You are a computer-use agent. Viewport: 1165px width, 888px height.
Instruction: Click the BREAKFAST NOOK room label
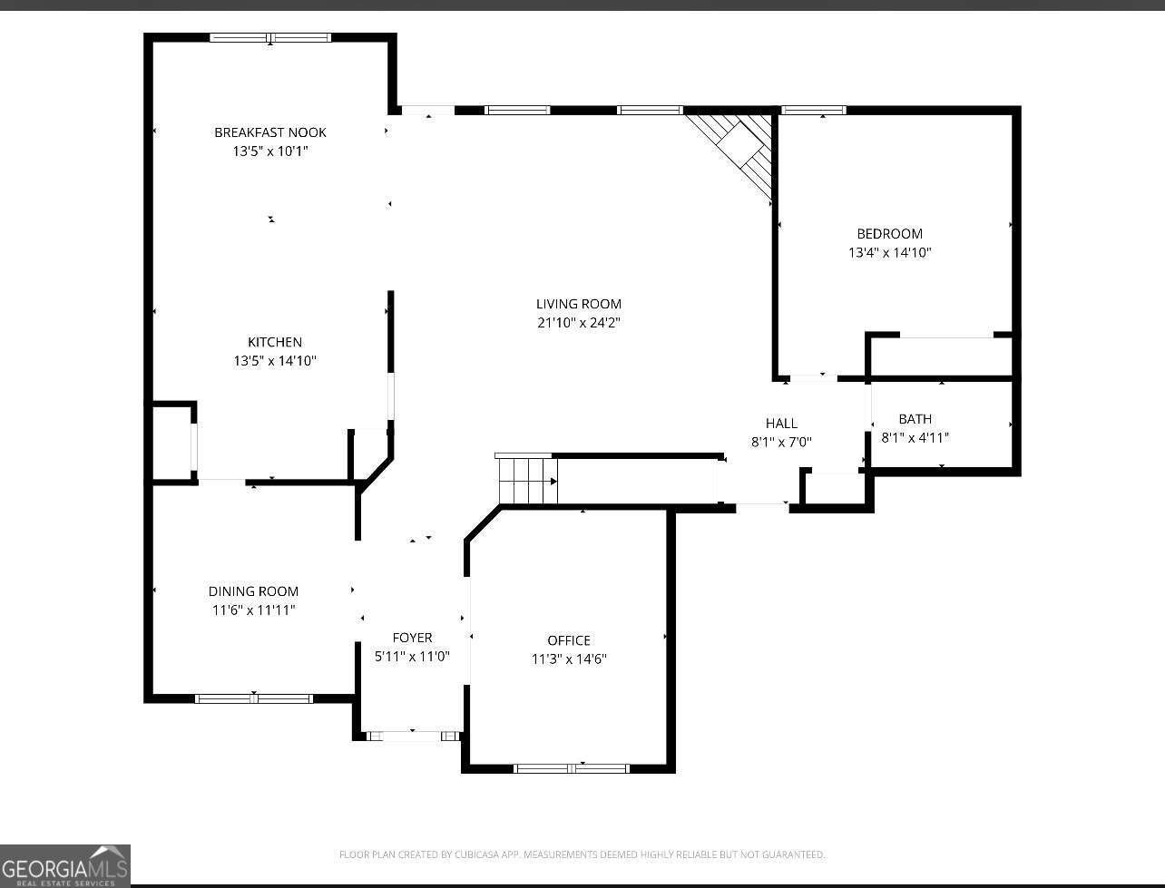coord(270,132)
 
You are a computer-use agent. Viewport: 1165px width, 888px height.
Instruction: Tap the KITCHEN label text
coord(275,342)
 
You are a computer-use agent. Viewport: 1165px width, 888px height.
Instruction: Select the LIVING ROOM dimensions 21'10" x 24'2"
coord(578,323)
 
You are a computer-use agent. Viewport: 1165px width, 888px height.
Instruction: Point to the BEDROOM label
coord(889,234)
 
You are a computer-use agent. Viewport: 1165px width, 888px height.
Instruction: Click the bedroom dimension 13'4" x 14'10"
coord(889,253)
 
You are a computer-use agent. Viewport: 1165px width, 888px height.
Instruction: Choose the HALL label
coord(781,423)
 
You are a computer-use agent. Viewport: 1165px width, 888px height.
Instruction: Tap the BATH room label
coord(915,419)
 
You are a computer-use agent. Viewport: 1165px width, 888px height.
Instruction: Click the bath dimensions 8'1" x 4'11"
coord(915,438)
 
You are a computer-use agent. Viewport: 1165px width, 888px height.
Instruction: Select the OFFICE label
coord(569,640)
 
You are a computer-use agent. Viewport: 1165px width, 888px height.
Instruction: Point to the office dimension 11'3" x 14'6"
coord(569,659)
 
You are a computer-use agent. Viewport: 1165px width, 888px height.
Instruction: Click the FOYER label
coord(412,638)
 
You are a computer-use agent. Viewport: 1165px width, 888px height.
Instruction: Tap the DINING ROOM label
coord(253,591)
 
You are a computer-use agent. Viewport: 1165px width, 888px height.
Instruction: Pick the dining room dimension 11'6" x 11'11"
coord(253,610)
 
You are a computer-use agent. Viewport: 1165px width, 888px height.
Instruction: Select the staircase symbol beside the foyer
coord(526,479)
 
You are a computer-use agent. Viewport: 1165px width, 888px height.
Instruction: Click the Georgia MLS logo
coord(65,865)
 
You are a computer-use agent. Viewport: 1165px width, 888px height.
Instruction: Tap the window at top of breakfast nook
coord(270,38)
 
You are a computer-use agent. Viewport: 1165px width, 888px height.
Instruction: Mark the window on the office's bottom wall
coord(571,768)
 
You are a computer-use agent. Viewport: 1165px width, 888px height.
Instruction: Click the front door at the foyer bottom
coord(413,736)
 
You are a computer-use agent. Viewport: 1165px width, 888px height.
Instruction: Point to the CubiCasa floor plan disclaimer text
coord(582,854)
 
